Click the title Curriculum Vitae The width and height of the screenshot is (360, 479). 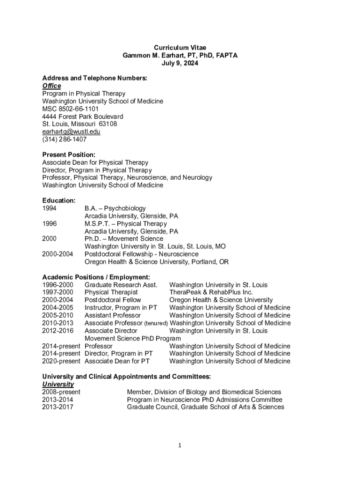click(180, 48)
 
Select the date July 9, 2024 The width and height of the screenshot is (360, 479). click(180, 63)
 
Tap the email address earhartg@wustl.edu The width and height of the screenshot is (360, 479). click(71, 131)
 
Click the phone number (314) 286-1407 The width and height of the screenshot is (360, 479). click(64, 139)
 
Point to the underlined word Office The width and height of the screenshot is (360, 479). click(51, 86)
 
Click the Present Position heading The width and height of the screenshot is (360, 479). click(69, 154)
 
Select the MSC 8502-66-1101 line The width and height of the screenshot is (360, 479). click(70, 109)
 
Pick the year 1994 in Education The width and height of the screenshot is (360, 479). click(50, 208)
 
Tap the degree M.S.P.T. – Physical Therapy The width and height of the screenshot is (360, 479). click(125, 224)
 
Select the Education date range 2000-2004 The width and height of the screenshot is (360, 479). click(58, 254)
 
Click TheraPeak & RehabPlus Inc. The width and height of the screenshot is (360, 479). click(211, 292)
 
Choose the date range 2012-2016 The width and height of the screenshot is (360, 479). click(58, 331)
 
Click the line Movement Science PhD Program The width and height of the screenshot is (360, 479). click(132, 338)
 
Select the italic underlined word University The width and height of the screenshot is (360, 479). click(58, 384)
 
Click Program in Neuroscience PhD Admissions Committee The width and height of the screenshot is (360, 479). click(204, 399)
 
